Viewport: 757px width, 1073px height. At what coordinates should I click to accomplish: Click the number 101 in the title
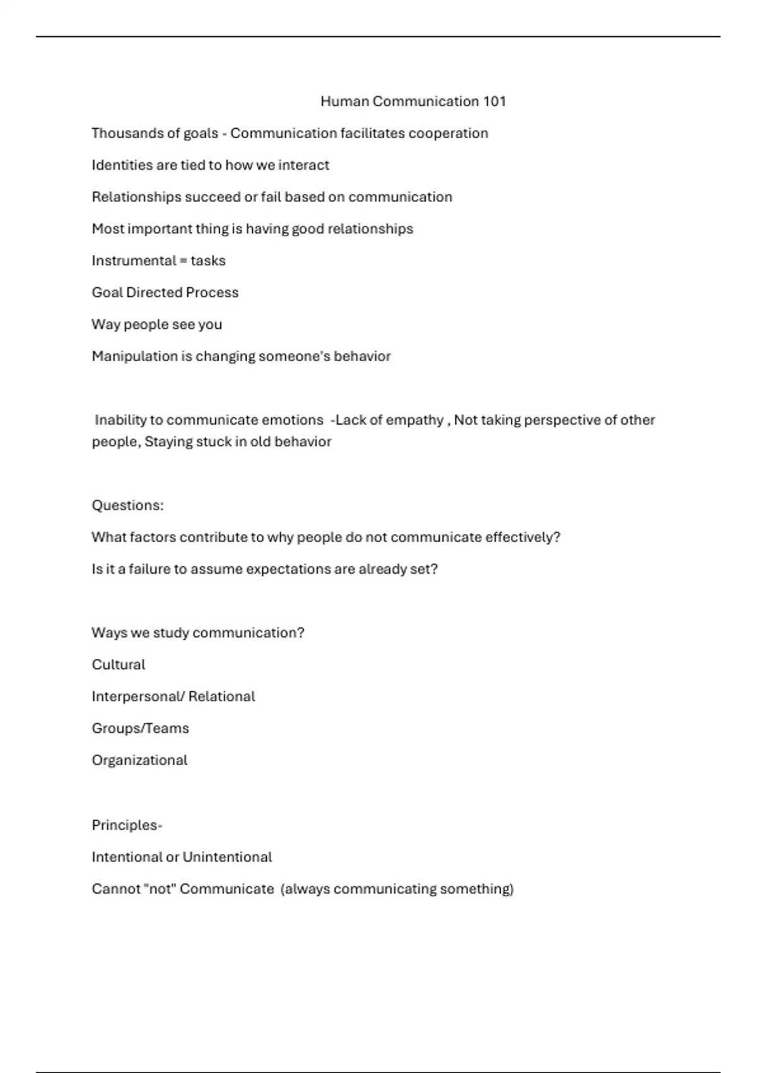coord(495,102)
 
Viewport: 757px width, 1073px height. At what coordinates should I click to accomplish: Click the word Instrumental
coord(134,261)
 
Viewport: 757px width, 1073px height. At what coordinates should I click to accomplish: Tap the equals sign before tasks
coord(184,261)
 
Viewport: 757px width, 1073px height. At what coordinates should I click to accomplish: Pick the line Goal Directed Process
coord(165,293)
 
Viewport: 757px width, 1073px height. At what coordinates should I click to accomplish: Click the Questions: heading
coord(127,506)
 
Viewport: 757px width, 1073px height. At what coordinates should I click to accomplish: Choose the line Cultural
coord(118,665)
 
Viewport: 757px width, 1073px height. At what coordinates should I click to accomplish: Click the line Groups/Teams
coord(140,728)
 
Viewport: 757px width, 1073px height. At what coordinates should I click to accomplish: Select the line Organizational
coord(139,761)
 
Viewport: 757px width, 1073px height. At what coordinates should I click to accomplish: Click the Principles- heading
coord(127,826)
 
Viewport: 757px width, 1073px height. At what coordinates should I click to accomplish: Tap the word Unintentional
coord(227,857)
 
